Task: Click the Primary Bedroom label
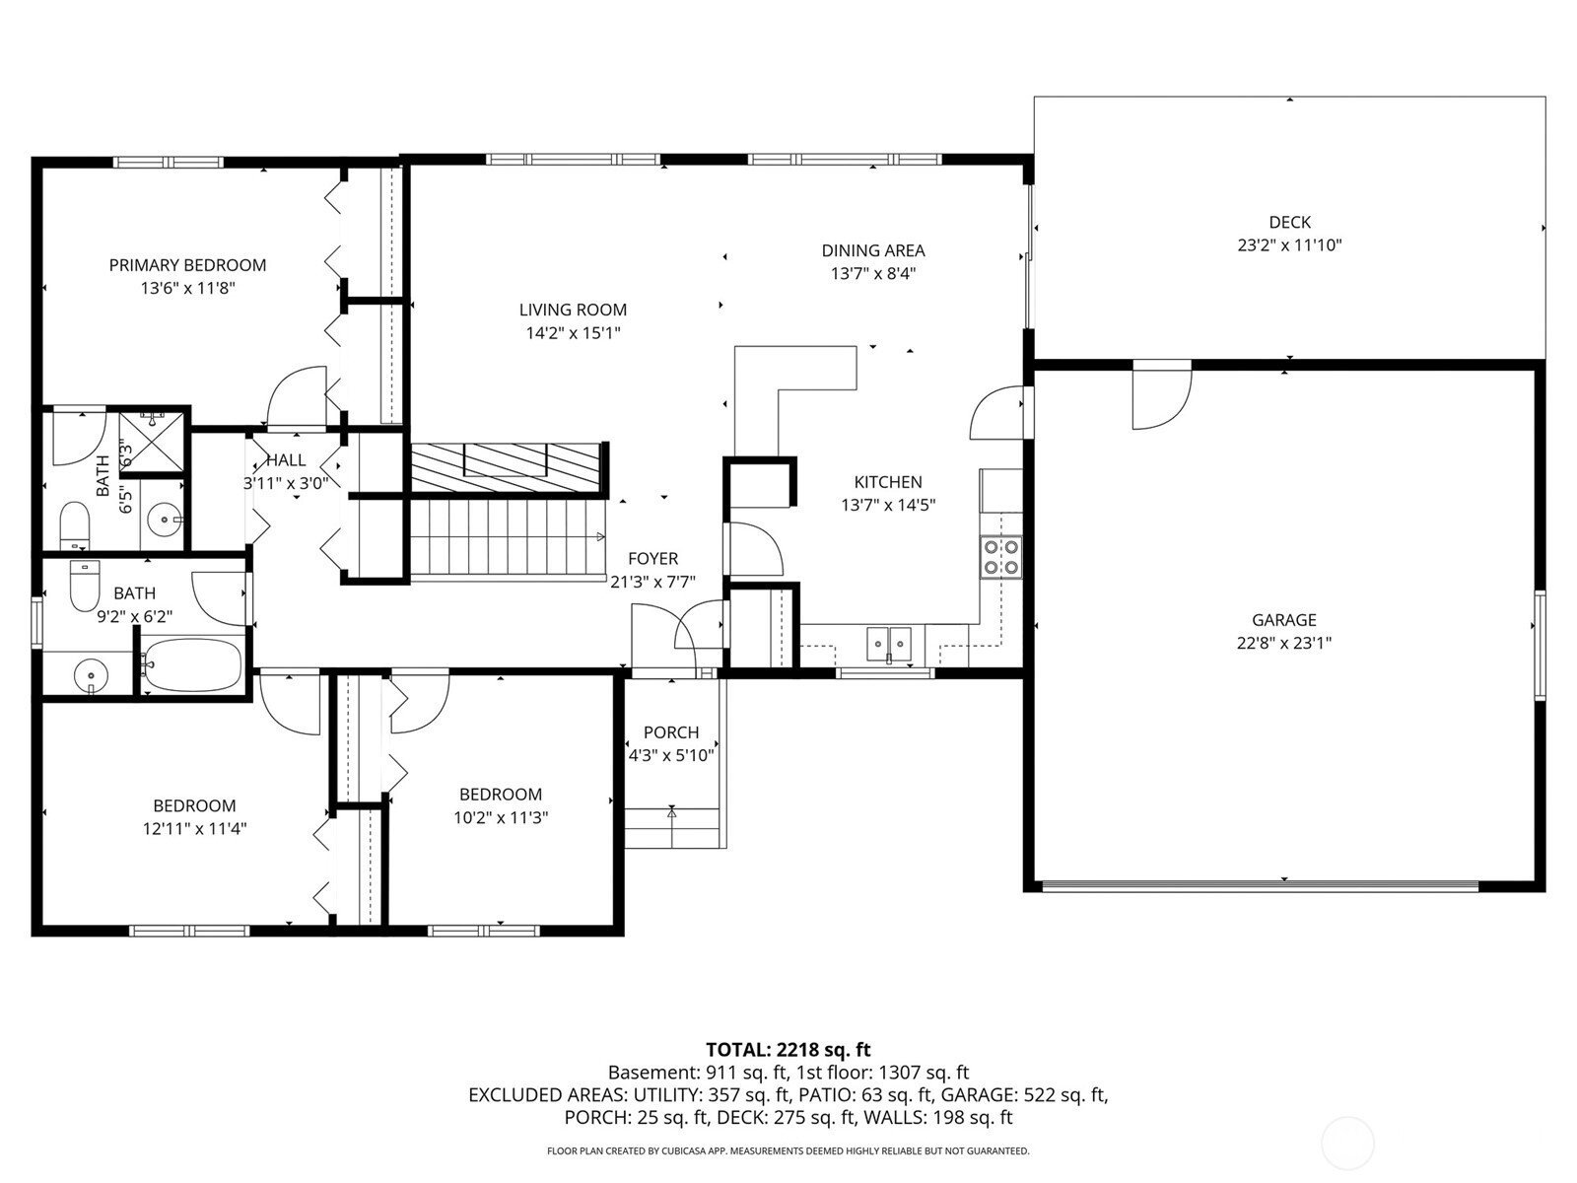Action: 187,265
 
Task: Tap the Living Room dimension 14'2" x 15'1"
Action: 573,332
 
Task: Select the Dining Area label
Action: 873,250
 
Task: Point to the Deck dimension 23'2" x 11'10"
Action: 1289,244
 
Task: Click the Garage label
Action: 1284,620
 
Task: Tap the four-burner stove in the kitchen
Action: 1001,557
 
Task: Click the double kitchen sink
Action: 889,643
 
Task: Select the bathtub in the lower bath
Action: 192,665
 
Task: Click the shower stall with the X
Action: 151,442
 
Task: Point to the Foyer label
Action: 653,558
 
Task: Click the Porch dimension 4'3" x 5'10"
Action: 671,755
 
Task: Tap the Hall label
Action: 286,460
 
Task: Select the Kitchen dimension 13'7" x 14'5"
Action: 888,505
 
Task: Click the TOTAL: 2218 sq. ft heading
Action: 788,1049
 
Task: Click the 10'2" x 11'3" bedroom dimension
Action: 501,817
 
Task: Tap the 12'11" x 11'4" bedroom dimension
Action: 195,829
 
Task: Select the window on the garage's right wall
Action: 1540,645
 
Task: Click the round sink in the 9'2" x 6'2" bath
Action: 90,675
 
